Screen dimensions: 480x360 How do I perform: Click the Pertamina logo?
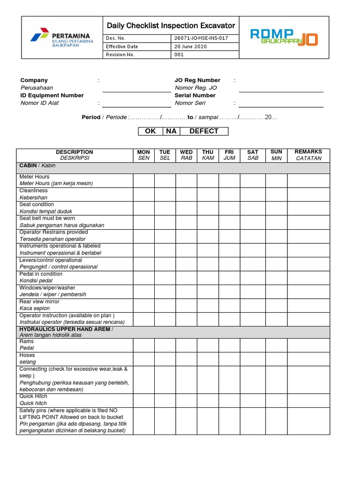click(61, 37)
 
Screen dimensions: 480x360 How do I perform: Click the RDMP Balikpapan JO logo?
click(284, 37)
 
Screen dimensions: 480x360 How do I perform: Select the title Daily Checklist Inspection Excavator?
click(171, 26)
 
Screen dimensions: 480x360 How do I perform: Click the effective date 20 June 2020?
click(190, 46)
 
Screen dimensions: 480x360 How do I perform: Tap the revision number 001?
click(179, 54)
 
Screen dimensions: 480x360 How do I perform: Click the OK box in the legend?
click(150, 131)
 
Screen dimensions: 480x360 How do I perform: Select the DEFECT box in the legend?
click(204, 131)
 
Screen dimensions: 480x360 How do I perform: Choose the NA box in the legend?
click(171, 131)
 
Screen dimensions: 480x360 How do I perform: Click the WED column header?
click(186, 155)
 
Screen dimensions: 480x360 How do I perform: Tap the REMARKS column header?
click(308, 155)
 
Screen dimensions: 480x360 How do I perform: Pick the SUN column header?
click(277, 155)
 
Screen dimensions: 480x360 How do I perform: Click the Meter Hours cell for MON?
click(143, 180)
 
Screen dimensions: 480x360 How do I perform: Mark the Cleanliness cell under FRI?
click(229, 194)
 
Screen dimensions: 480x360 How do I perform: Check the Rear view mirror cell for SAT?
click(253, 305)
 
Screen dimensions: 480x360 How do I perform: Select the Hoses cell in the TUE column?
click(165, 359)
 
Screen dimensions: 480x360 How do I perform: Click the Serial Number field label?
click(195, 95)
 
